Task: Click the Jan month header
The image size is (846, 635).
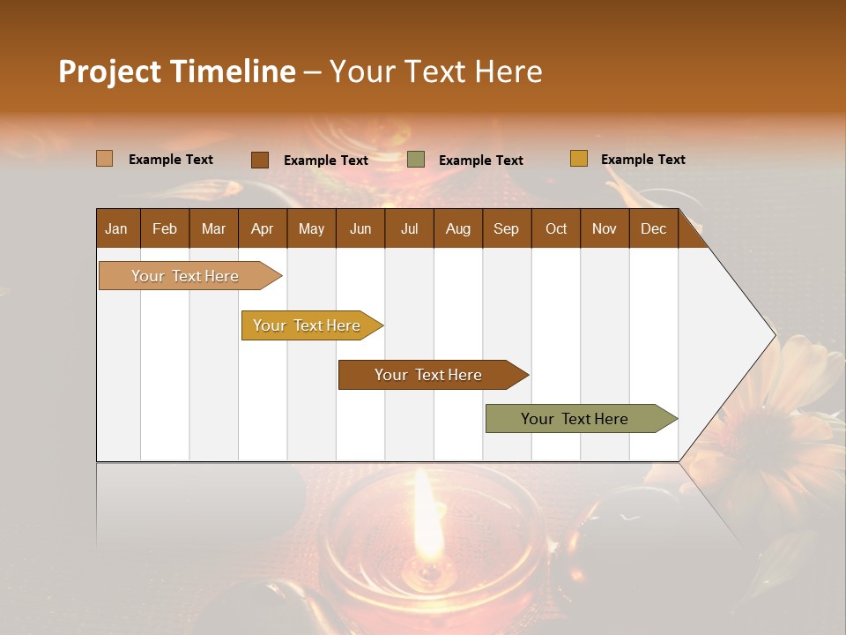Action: click(x=116, y=228)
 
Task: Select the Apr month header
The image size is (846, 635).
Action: click(x=262, y=228)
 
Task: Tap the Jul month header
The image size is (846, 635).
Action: click(x=409, y=228)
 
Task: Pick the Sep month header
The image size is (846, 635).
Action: click(x=506, y=228)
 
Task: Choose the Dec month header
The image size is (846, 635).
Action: click(x=653, y=228)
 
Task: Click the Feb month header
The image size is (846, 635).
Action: click(x=165, y=228)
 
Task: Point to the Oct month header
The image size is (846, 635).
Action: click(x=556, y=228)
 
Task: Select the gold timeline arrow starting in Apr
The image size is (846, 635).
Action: click(x=308, y=325)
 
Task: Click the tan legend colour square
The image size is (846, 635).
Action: click(x=104, y=159)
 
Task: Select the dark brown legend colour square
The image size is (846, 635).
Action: click(x=259, y=160)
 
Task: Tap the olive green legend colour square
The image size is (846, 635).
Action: click(x=416, y=160)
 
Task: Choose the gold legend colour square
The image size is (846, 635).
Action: click(x=578, y=159)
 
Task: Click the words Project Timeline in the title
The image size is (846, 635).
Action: click(x=176, y=71)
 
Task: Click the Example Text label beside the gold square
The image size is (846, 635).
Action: click(x=642, y=160)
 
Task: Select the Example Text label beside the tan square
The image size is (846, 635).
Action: click(x=170, y=160)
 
